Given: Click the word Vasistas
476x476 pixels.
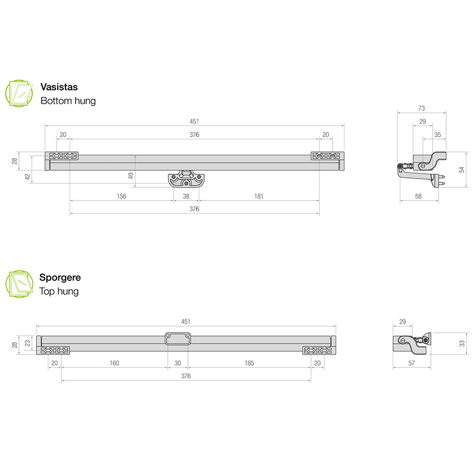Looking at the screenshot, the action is pyautogui.click(x=59, y=87).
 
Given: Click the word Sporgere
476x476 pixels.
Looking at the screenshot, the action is pyautogui.click(x=60, y=277).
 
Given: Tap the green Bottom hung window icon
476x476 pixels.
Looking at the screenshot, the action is pyautogui.click(x=19, y=93).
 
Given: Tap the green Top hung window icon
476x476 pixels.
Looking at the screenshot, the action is pyautogui.click(x=19, y=284).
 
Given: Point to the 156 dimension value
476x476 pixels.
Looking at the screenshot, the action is pyautogui.click(x=121, y=196).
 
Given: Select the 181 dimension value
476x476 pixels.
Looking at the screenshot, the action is pyautogui.click(x=259, y=196).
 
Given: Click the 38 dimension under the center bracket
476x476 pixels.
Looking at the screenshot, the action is pyautogui.click(x=186, y=196).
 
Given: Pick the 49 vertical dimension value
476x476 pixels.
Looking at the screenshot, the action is pyautogui.click(x=130, y=176).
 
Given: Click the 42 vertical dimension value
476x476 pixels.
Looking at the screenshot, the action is pyautogui.click(x=27, y=177).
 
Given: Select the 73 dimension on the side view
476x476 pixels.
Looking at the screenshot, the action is pyautogui.click(x=421, y=108).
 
